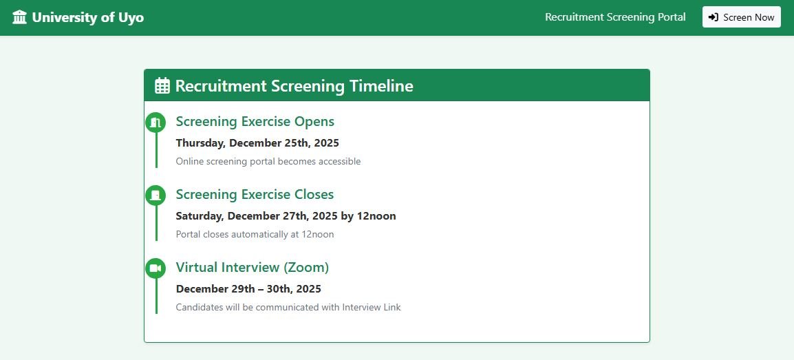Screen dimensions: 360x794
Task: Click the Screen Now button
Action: pyautogui.click(x=741, y=17)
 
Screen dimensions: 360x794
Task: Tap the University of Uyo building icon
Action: pyautogui.click(x=19, y=17)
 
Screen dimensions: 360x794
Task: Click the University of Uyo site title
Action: pyautogui.click(x=87, y=17)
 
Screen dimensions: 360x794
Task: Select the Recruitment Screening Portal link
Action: pyautogui.click(x=615, y=17)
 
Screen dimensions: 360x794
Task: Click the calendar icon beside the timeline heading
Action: pyautogui.click(x=162, y=86)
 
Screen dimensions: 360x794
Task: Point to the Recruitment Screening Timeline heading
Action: pyautogui.click(x=294, y=86)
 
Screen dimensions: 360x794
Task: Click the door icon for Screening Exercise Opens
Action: pyautogui.click(x=155, y=123)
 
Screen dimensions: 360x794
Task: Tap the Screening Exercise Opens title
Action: pyautogui.click(x=255, y=122)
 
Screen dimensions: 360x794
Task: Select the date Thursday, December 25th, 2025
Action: pyautogui.click(x=257, y=143)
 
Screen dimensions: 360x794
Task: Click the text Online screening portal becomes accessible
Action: pyautogui.click(x=268, y=162)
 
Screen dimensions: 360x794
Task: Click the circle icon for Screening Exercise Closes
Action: pyautogui.click(x=155, y=195)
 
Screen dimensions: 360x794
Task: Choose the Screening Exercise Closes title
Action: pyautogui.click(x=255, y=195)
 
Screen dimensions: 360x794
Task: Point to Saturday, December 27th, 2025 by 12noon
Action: pyautogui.click(x=286, y=216)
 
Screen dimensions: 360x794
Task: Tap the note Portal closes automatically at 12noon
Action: pyautogui.click(x=255, y=235)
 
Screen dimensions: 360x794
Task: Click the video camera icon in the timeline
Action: pyautogui.click(x=155, y=268)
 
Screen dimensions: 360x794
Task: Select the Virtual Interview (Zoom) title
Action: pyautogui.click(x=252, y=268)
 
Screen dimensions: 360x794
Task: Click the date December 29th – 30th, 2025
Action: pyautogui.click(x=248, y=289)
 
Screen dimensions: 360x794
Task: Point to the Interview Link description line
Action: pyautogui.click(x=288, y=308)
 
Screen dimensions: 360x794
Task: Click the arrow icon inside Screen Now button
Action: pyautogui.click(x=713, y=17)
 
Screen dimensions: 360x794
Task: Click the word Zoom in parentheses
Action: pyautogui.click(x=306, y=268)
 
